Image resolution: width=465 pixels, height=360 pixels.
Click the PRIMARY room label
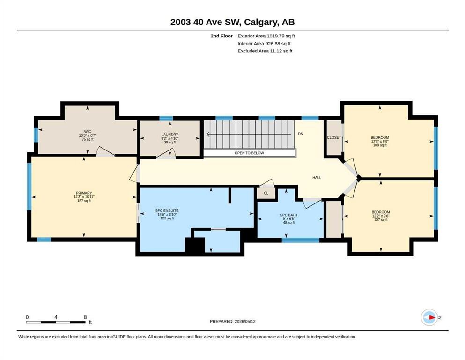[x=84, y=193]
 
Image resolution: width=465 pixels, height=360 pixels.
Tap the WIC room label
[x=88, y=131]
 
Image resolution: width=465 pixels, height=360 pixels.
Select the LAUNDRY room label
[x=170, y=135]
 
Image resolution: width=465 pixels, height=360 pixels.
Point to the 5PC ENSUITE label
[x=167, y=210]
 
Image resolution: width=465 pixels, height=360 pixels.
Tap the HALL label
[x=317, y=178]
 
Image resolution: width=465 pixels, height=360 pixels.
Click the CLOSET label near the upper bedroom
[x=334, y=137]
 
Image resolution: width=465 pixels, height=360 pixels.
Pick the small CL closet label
[x=266, y=193]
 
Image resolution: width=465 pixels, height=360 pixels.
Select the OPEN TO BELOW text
[x=249, y=153]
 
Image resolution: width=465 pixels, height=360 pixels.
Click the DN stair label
[x=301, y=134]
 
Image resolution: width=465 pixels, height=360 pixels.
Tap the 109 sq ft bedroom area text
[x=380, y=145]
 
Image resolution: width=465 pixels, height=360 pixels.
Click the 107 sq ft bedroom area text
[x=381, y=220]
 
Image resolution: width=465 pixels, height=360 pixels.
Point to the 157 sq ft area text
[x=84, y=201]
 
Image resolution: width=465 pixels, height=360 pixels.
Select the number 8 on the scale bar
[x=85, y=317]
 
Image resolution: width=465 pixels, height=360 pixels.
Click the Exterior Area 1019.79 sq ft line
[x=266, y=36]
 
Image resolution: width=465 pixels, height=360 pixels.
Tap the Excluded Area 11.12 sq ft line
[x=265, y=51]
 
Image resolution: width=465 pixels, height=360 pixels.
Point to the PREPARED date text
[x=232, y=321]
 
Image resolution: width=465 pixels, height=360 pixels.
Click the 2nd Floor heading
[x=221, y=36]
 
